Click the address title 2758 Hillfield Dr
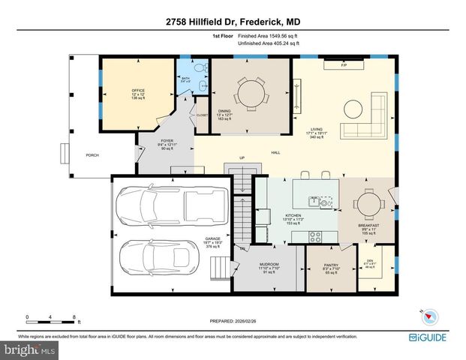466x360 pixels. tap(233, 20)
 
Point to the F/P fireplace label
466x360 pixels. tap(344, 66)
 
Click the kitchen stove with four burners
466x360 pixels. tap(315, 236)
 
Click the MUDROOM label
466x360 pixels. tap(269, 265)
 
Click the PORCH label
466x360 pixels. tap(92, 155)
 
